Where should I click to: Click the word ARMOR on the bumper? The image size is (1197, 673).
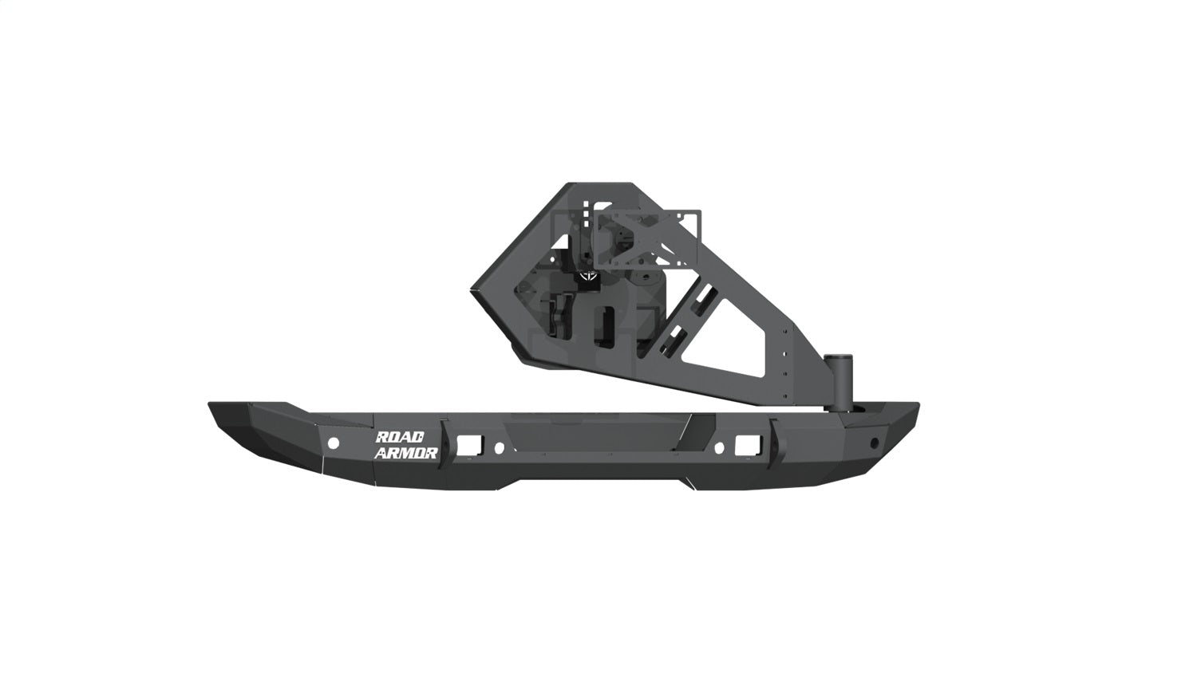[406, 453]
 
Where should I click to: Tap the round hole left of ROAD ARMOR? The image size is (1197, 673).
[334, 443]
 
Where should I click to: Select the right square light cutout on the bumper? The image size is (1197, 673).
[747, 443]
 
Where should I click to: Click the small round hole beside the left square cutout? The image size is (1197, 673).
[499, 447]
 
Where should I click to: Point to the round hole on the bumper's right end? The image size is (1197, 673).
[875, 442]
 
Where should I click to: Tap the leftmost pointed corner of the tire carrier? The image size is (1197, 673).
[472, 290]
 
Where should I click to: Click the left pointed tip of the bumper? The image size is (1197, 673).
[211, 404]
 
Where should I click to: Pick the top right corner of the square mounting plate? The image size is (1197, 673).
[699, 211]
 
